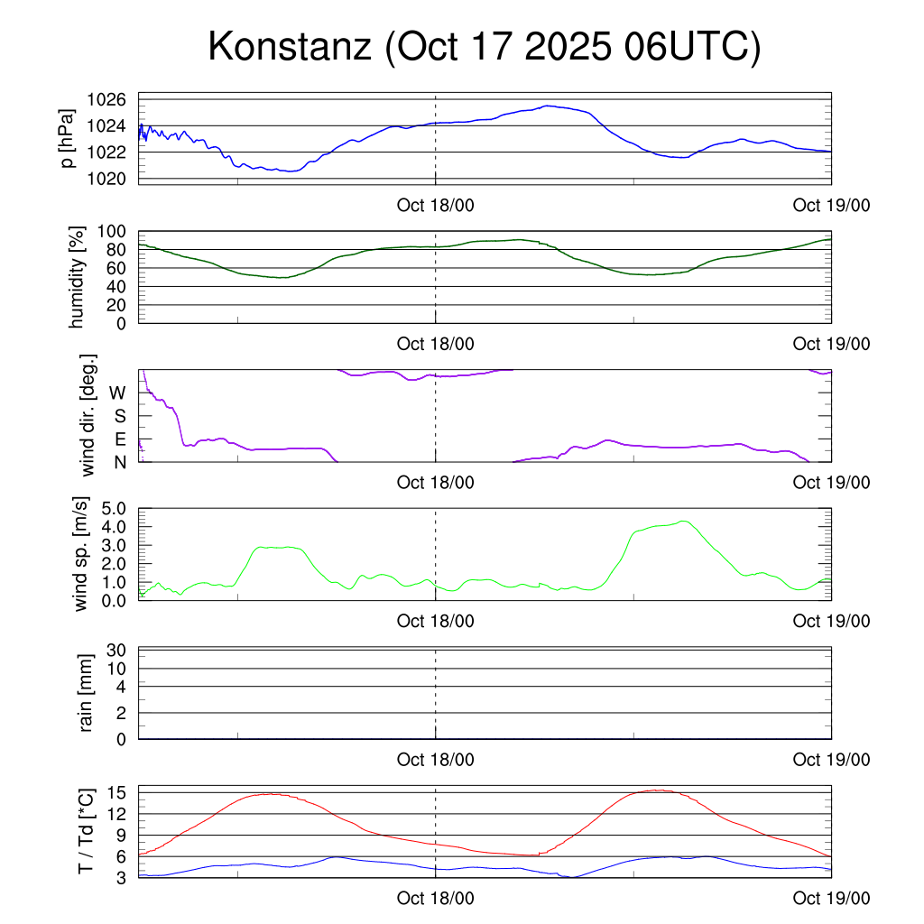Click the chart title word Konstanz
point(290,47)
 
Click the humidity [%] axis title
point(78,278)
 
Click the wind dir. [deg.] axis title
point(88,415)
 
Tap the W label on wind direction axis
point(118,393)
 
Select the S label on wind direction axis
point(119,416)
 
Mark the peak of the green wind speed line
point(683,521)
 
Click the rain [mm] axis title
point(87,693)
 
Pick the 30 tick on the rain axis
point(118,650)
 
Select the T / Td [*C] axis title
point(87,830)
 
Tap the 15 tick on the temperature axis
point(118,792)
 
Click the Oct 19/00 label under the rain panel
point(832,760)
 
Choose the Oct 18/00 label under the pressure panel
point(436,205)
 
